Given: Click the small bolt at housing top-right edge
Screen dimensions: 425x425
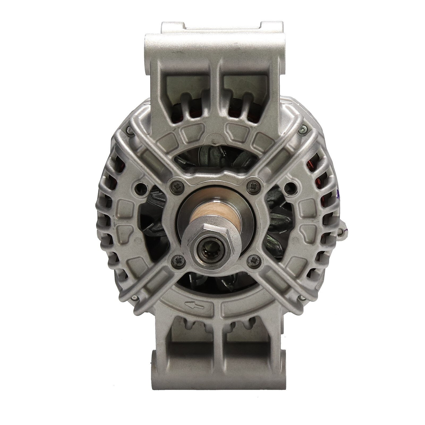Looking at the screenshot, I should (x=302, y=130).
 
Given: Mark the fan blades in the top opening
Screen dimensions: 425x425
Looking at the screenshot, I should (x=212, y=157).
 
